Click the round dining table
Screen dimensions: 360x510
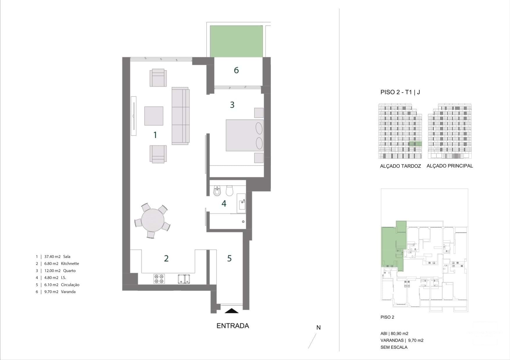[x=153, y=220]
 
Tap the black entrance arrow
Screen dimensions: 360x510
[x=232, y=311]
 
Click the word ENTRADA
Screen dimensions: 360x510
[x=233, y=326]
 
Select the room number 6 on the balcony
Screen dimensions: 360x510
[x=236, y=70]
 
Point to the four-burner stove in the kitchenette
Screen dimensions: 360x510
[x=159, y=279]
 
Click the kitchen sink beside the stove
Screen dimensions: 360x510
[x=184, y=279]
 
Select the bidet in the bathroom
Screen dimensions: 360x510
[x=217, y=191]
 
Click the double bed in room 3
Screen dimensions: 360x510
[x=245, y=135]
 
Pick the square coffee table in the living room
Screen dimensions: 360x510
[x=154, y=116]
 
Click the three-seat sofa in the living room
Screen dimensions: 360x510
[x=180, y=116]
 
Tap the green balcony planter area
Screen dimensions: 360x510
[x=236, y=41]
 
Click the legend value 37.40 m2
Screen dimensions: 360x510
[x=52, y=257]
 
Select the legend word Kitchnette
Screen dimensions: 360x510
[x=70, y=264]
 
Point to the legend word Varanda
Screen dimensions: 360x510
[x=68, y=292]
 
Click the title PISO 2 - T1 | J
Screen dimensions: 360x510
[x=400, y=92]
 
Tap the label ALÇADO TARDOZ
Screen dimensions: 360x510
[x=400, y=166]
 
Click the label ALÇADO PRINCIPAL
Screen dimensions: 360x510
[x=450, y=166]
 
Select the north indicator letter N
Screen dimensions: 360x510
[x=318, y=327]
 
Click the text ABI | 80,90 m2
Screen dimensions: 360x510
[x=394, y=334]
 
